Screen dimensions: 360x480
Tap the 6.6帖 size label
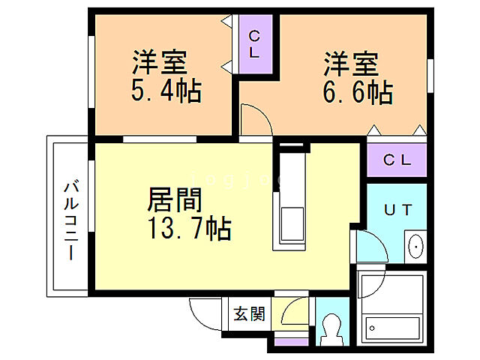(358, 92)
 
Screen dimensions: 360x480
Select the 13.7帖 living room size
(188, 226)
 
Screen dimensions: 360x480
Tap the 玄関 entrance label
(247, 313)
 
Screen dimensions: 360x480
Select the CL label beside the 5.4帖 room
(254, 44)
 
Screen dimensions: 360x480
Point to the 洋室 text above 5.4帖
(160, 61)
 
